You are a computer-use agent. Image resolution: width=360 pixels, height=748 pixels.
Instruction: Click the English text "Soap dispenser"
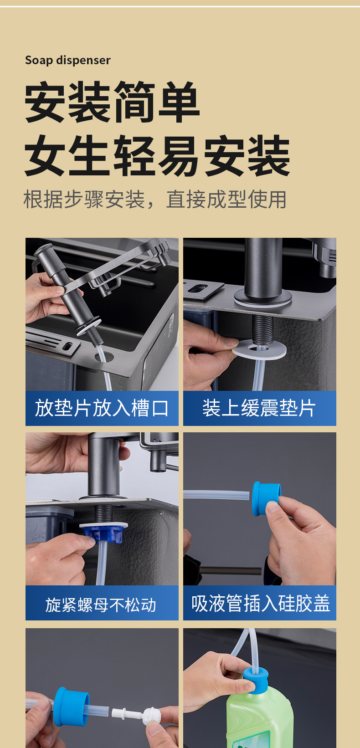pyautogui.click(x=68, y=60)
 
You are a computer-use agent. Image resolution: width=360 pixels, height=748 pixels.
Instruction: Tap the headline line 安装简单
pyautogui.click(x=112, y=102)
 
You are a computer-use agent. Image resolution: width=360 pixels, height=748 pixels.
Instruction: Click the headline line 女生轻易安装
pyautogui.click(x=157, y=156)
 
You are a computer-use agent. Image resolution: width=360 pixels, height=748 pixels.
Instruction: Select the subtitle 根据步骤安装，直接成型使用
pyautogui.click(x=155, y=200)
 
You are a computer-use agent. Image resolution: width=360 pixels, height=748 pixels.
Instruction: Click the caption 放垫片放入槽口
pyautogui.click(x=102, y=408)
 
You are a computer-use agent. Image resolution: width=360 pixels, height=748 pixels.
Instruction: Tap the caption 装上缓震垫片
pyautogui.click(x=259, y=408)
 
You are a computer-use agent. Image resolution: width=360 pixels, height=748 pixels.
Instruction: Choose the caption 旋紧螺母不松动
pyautogui.click(x=101, y=605)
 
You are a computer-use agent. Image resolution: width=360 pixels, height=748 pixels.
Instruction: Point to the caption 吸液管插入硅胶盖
pyautogui.click(x=261, y=603)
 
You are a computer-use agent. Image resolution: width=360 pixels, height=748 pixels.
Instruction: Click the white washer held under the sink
pyautogui.click(x=259, y=349)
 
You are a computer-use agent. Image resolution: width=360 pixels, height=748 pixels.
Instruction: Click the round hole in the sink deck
pyautogui.click(x=104, y=356)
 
